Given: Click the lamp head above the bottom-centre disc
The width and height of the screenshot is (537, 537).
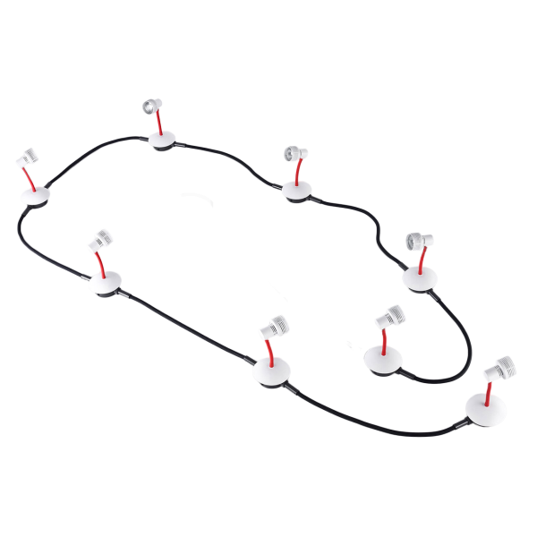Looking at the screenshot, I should click(x=272, y=327).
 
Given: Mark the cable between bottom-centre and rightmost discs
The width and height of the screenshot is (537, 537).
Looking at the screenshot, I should click(x=376, y=421).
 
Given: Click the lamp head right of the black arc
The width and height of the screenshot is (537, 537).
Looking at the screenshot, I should click(x=294, y=154).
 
